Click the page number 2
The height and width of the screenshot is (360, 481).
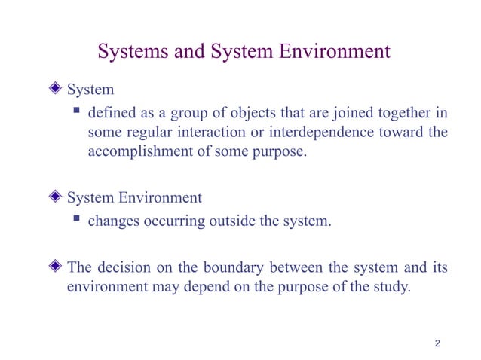pyautogui.click(x=437, y=344)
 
